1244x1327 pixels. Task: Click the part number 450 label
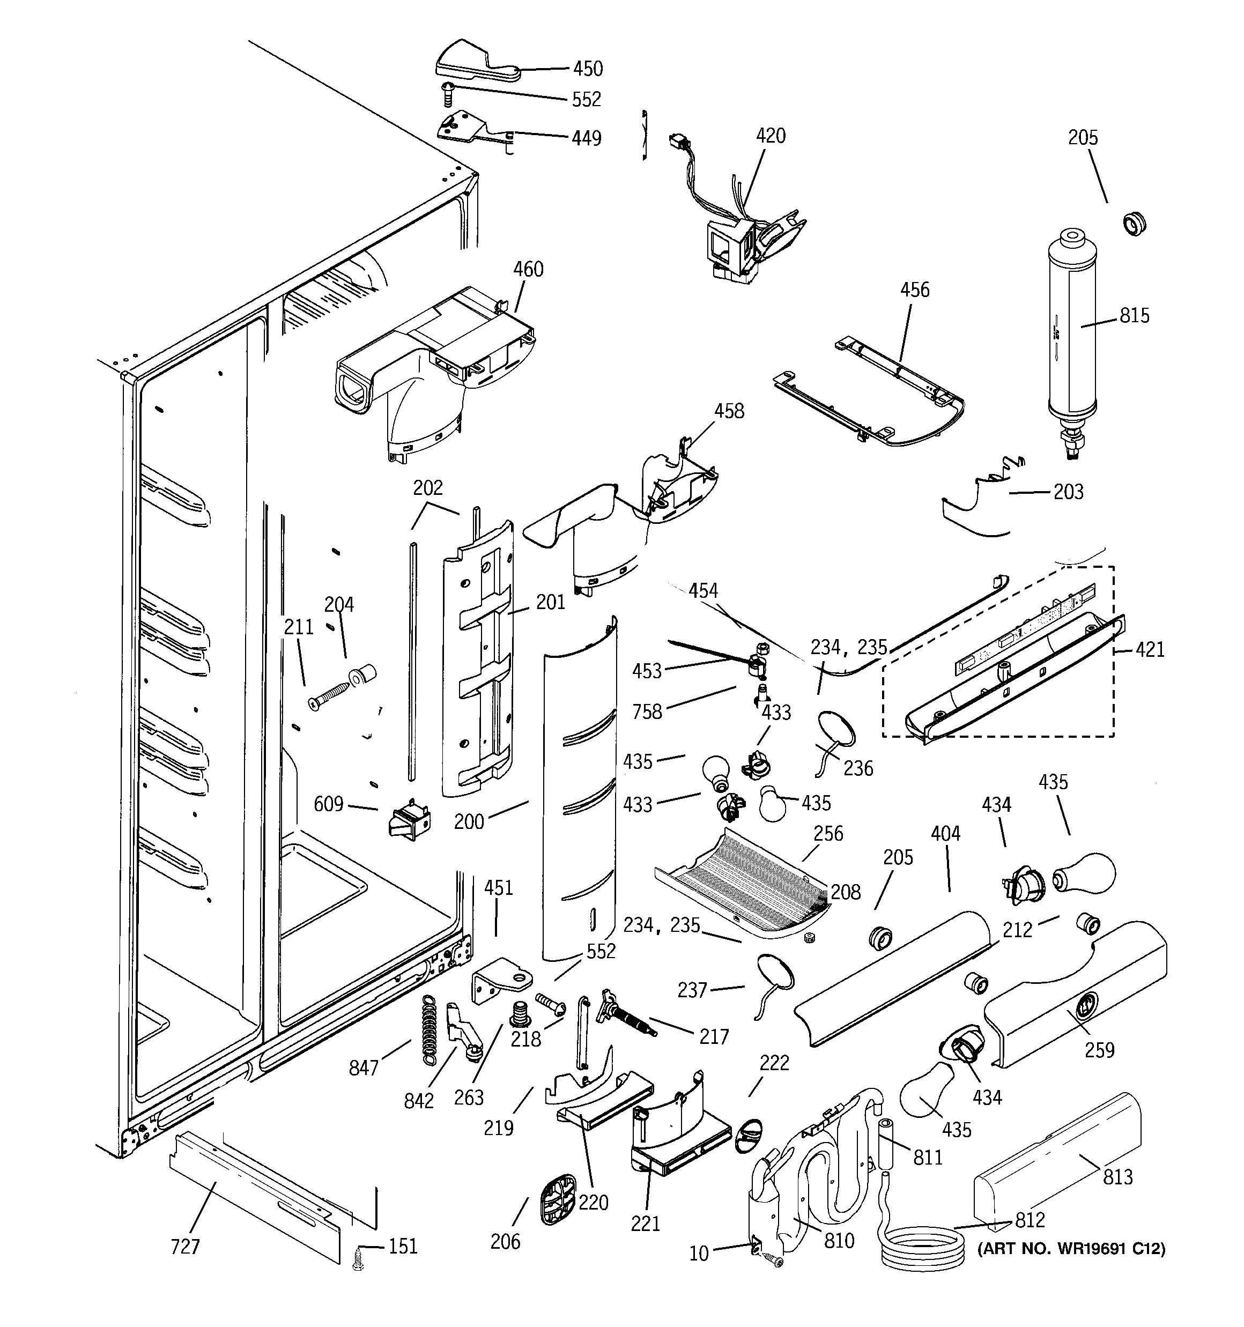click(588, 68)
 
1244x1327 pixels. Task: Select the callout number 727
click(185, 1246)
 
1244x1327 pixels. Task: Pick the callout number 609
click(329, 804)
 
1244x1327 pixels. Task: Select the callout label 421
click(1150, 649)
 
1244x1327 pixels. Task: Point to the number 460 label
click(528, 270)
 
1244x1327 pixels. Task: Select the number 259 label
click(1099, 1050)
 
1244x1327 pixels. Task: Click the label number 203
click(1068, 492)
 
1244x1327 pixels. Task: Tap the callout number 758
click(647, 711)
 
